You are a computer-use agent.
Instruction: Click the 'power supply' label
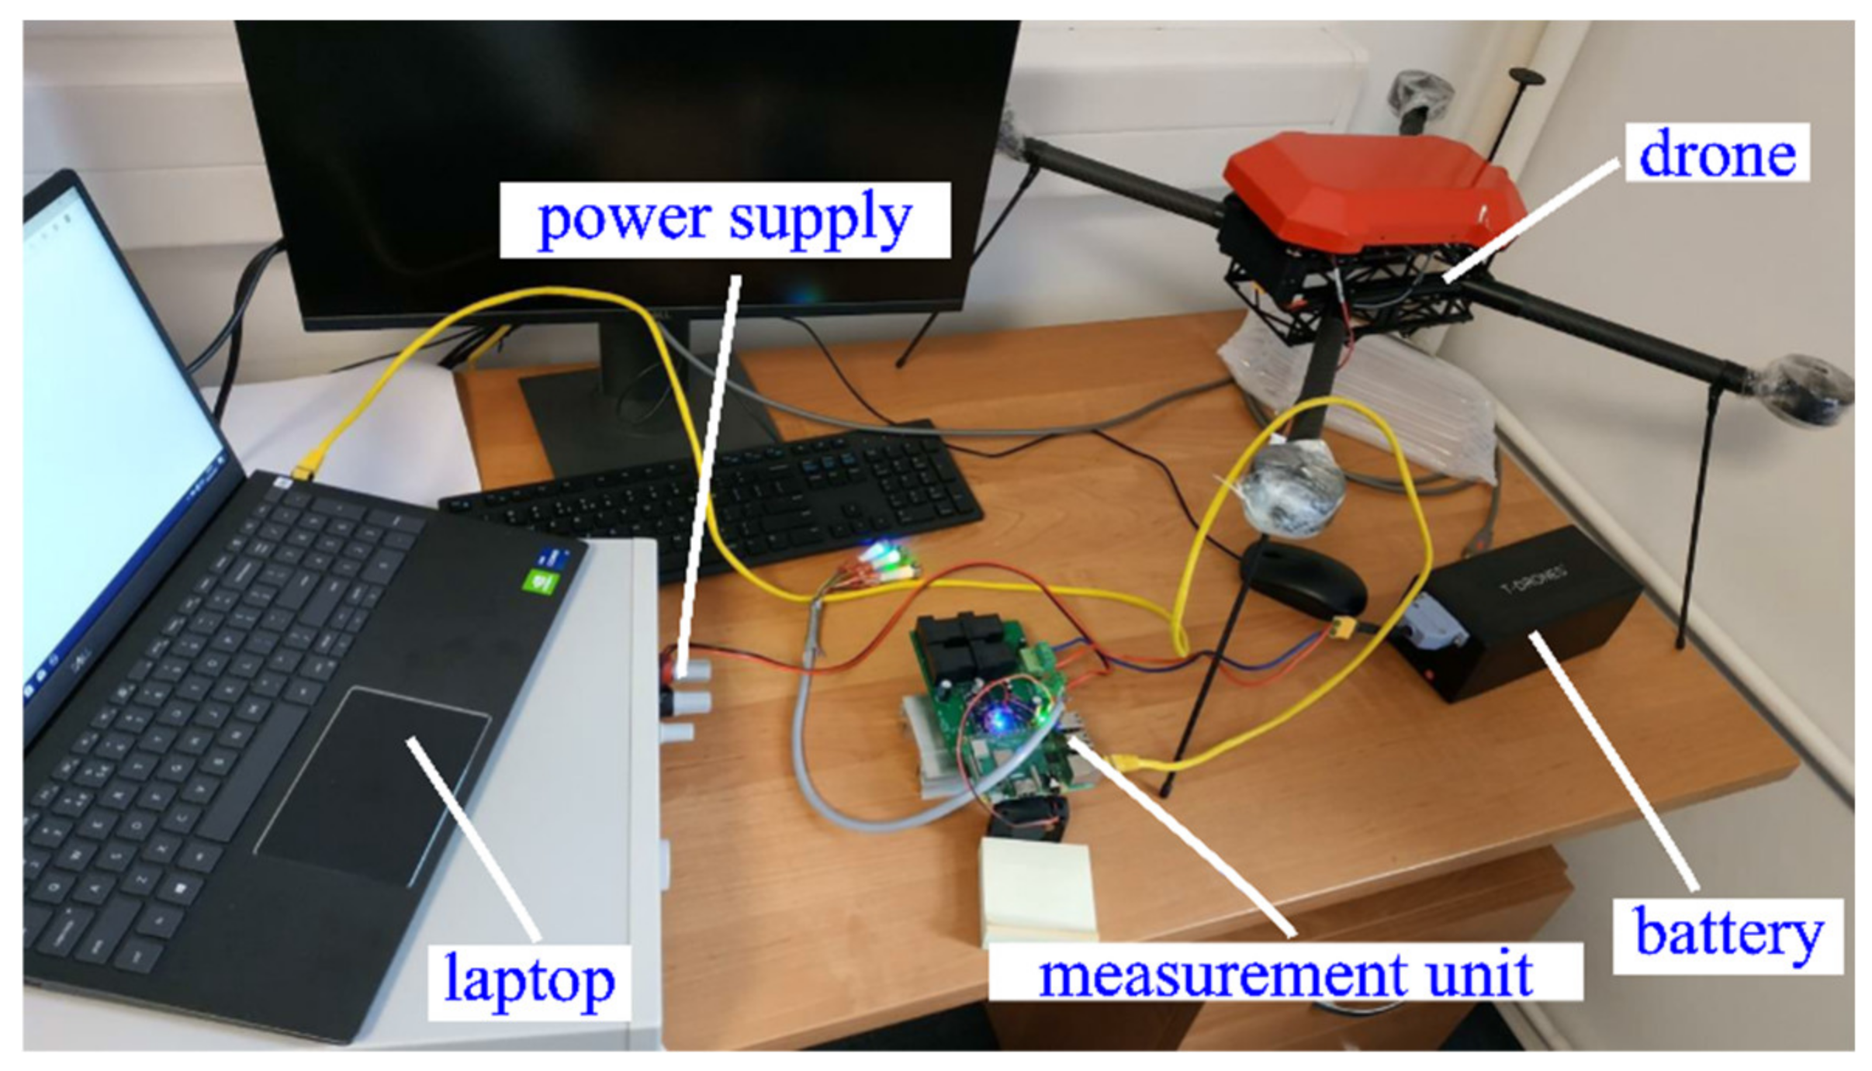pos(724,219)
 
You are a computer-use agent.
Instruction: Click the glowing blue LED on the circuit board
pos(1000,717)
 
